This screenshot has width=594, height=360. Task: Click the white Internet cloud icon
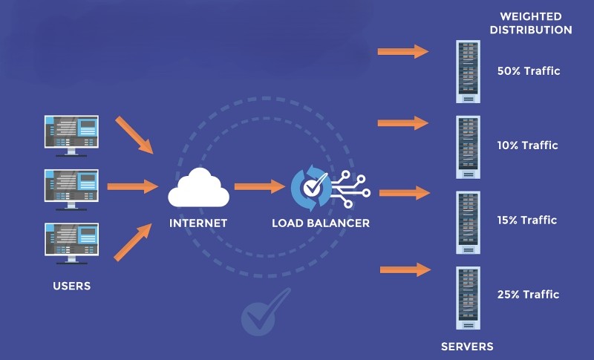click(x=197, y=188)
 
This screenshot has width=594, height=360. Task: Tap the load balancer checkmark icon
click(x=311, y=189)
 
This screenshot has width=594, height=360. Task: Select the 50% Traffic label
click(x=528, y=71)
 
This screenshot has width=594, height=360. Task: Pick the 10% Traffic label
click(x=527, y=145)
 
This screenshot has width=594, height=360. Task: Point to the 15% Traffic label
click(x=527, y=220)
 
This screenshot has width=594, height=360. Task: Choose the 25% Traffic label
click(x=527, y=295)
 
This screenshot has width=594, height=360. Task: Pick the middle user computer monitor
click(x=72, y=186)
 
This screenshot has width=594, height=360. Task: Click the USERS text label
click(x=72, y=286)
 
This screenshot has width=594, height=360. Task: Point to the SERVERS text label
click(x=467, y=346)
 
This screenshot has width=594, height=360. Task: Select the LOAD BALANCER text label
click(x=321, y=223)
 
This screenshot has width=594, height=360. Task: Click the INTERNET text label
click(x=198, y=223)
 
